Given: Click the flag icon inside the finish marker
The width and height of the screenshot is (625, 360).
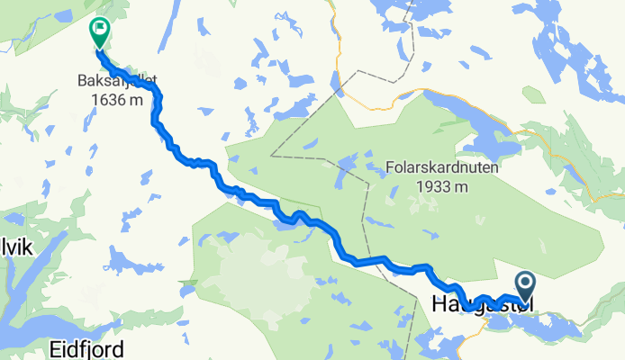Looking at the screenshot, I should click(x=97, y=29).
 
